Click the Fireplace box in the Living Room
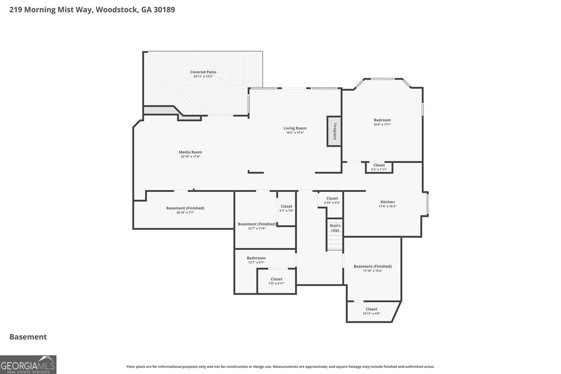click(334, 132)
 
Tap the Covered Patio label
click(203, 72)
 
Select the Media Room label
click(190, 152)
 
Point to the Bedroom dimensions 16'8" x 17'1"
click(382, 125)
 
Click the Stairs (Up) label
click(335, 228)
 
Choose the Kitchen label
click(387, 202)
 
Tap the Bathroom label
click(256, 258)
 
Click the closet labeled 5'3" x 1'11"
click(379, 167)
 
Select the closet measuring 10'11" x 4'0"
click(371, 312)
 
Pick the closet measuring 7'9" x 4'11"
click(276, 281)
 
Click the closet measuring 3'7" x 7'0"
click(286, 208)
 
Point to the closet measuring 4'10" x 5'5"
click(332, 200)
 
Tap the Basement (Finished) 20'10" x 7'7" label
click(186, 210)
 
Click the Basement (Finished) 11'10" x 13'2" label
click(373, 268)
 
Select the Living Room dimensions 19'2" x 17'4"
click(295, 132)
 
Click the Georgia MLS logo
click(28, 365)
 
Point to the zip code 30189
click(164, 9)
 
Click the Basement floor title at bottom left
click(28, 337)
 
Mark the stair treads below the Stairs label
click(335, 241)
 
